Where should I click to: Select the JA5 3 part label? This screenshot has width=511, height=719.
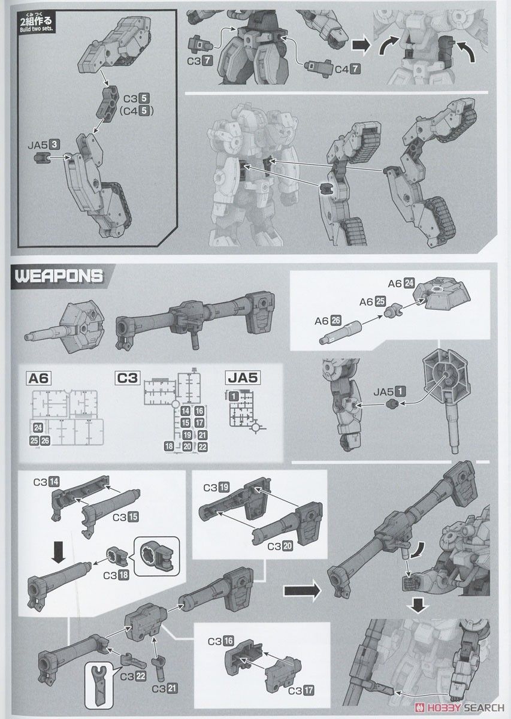click(x=43, y=144)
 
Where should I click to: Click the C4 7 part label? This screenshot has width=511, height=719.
click(x=347, y=69)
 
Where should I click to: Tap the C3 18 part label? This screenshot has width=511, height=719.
click(x=115, y=576)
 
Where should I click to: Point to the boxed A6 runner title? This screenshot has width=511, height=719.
click(x=41, y=377)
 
